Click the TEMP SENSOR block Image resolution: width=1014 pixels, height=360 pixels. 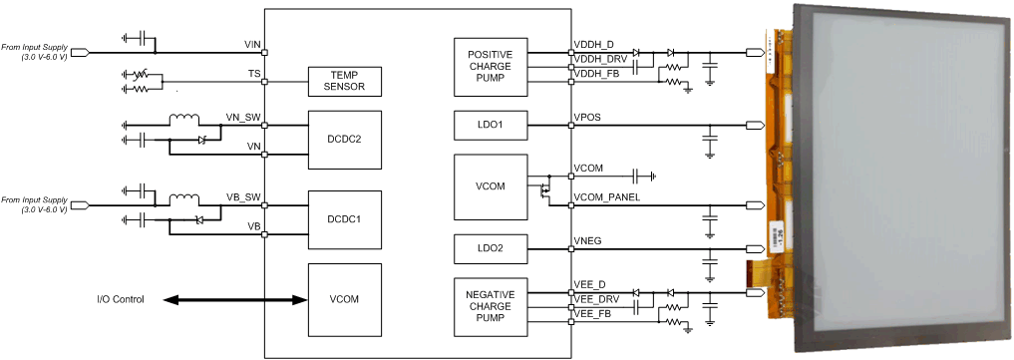[x=344, y=82]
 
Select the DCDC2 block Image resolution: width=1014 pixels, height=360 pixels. [x=344, y=139]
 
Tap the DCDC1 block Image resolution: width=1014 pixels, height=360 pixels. [x=344, y=218]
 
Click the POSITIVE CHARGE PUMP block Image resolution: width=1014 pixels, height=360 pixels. [x=490, y=67]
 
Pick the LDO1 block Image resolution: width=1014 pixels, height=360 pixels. [x=490, y=126]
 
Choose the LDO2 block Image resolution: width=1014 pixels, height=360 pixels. [x=490, y=246]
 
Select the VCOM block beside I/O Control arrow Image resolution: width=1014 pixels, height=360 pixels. [x=344, y=299]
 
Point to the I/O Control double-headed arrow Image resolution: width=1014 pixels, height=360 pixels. [x=234, y=299]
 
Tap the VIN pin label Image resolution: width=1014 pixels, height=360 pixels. [x=252, y=45]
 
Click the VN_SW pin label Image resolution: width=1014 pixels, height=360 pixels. [x=244, y=118]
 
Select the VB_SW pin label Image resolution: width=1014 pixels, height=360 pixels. [x=244, y=197]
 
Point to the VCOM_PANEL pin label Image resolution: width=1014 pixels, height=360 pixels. [x=606, y=197]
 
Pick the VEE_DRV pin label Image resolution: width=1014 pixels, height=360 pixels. [x=594, y=299]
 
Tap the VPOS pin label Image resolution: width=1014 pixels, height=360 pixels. [x=587, y=118]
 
